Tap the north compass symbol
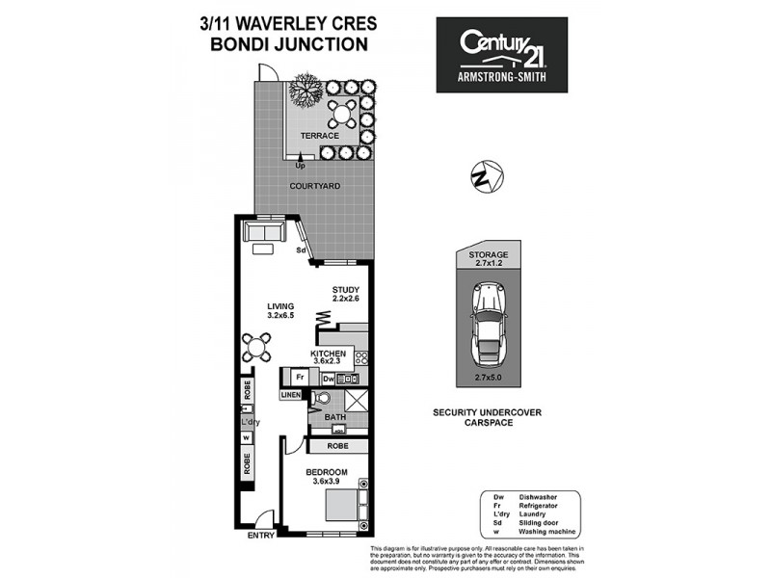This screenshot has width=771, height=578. point(485,178)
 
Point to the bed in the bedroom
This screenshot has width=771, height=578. point(340,507)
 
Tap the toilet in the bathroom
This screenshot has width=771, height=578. point(323,397)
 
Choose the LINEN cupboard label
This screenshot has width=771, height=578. point(291,395)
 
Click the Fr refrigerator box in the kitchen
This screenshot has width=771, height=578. point(301,377)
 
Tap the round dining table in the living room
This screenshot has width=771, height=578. point(258,344)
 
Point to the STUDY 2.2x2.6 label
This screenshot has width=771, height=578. point(345,294)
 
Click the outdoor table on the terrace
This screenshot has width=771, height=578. point(341,115)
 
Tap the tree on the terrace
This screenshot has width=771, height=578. point(305,90)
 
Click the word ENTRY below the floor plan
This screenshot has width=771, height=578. point(261,535)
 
